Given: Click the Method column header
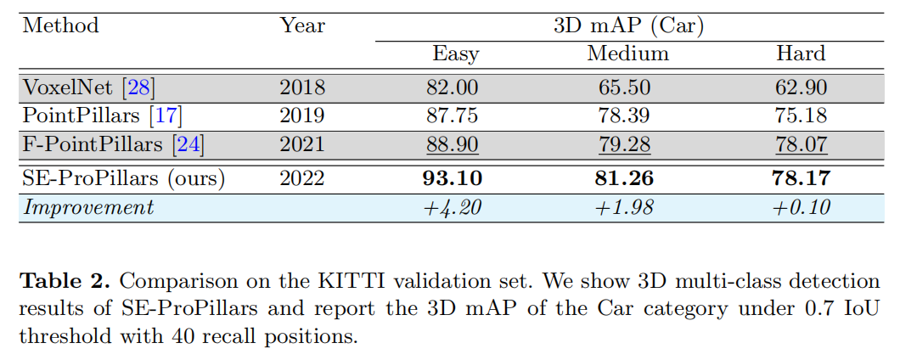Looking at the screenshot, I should (60, 25).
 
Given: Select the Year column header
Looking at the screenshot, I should (302, 25).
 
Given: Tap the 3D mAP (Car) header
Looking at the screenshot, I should (628, 25).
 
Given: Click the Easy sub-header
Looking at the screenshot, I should (456, 54).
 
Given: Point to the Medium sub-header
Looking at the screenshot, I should (628, 54).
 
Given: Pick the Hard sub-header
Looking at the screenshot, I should (801, 54).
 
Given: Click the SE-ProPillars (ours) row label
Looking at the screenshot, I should (124, 178).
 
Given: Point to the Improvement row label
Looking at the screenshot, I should (88, 207).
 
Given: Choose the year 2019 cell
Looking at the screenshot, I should (302, 116).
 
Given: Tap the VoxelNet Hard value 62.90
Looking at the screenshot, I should (801, 87).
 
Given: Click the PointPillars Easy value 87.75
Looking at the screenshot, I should (456, 116).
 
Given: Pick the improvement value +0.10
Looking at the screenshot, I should (801, 207).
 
